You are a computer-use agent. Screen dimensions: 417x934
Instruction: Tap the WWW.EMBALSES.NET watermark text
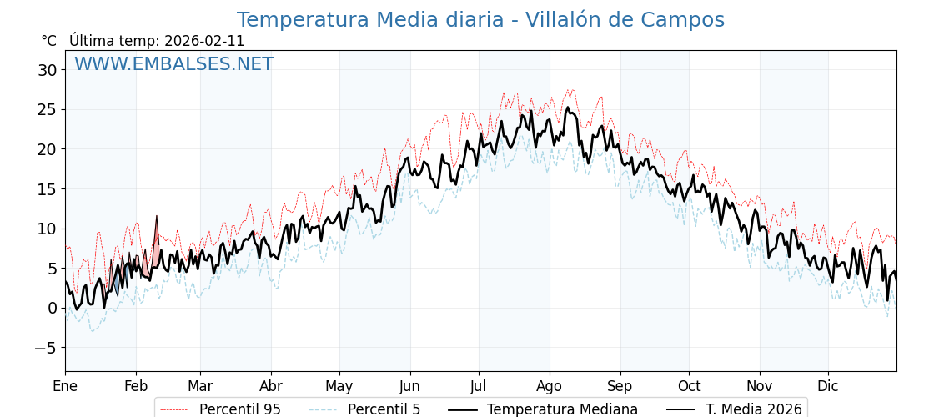[173, 64]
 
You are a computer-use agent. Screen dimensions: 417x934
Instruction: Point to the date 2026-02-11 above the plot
[204, 41]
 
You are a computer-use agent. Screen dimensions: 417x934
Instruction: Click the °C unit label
[48, 41]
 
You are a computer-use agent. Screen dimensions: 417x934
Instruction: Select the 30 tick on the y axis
[47, 70]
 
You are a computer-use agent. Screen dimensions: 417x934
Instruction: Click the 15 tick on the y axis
[47, 189]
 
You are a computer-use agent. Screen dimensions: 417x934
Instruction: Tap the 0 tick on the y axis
[52, 308]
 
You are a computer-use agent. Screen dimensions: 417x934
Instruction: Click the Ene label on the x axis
[65, 387]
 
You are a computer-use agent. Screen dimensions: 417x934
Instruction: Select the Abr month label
[271, 387]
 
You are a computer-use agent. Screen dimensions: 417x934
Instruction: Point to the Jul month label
[479, 387]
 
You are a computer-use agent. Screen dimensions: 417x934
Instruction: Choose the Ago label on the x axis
[550, 387]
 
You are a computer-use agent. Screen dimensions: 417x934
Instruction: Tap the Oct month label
[689, 387]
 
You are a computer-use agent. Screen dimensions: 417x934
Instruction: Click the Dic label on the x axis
[828, 387]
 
